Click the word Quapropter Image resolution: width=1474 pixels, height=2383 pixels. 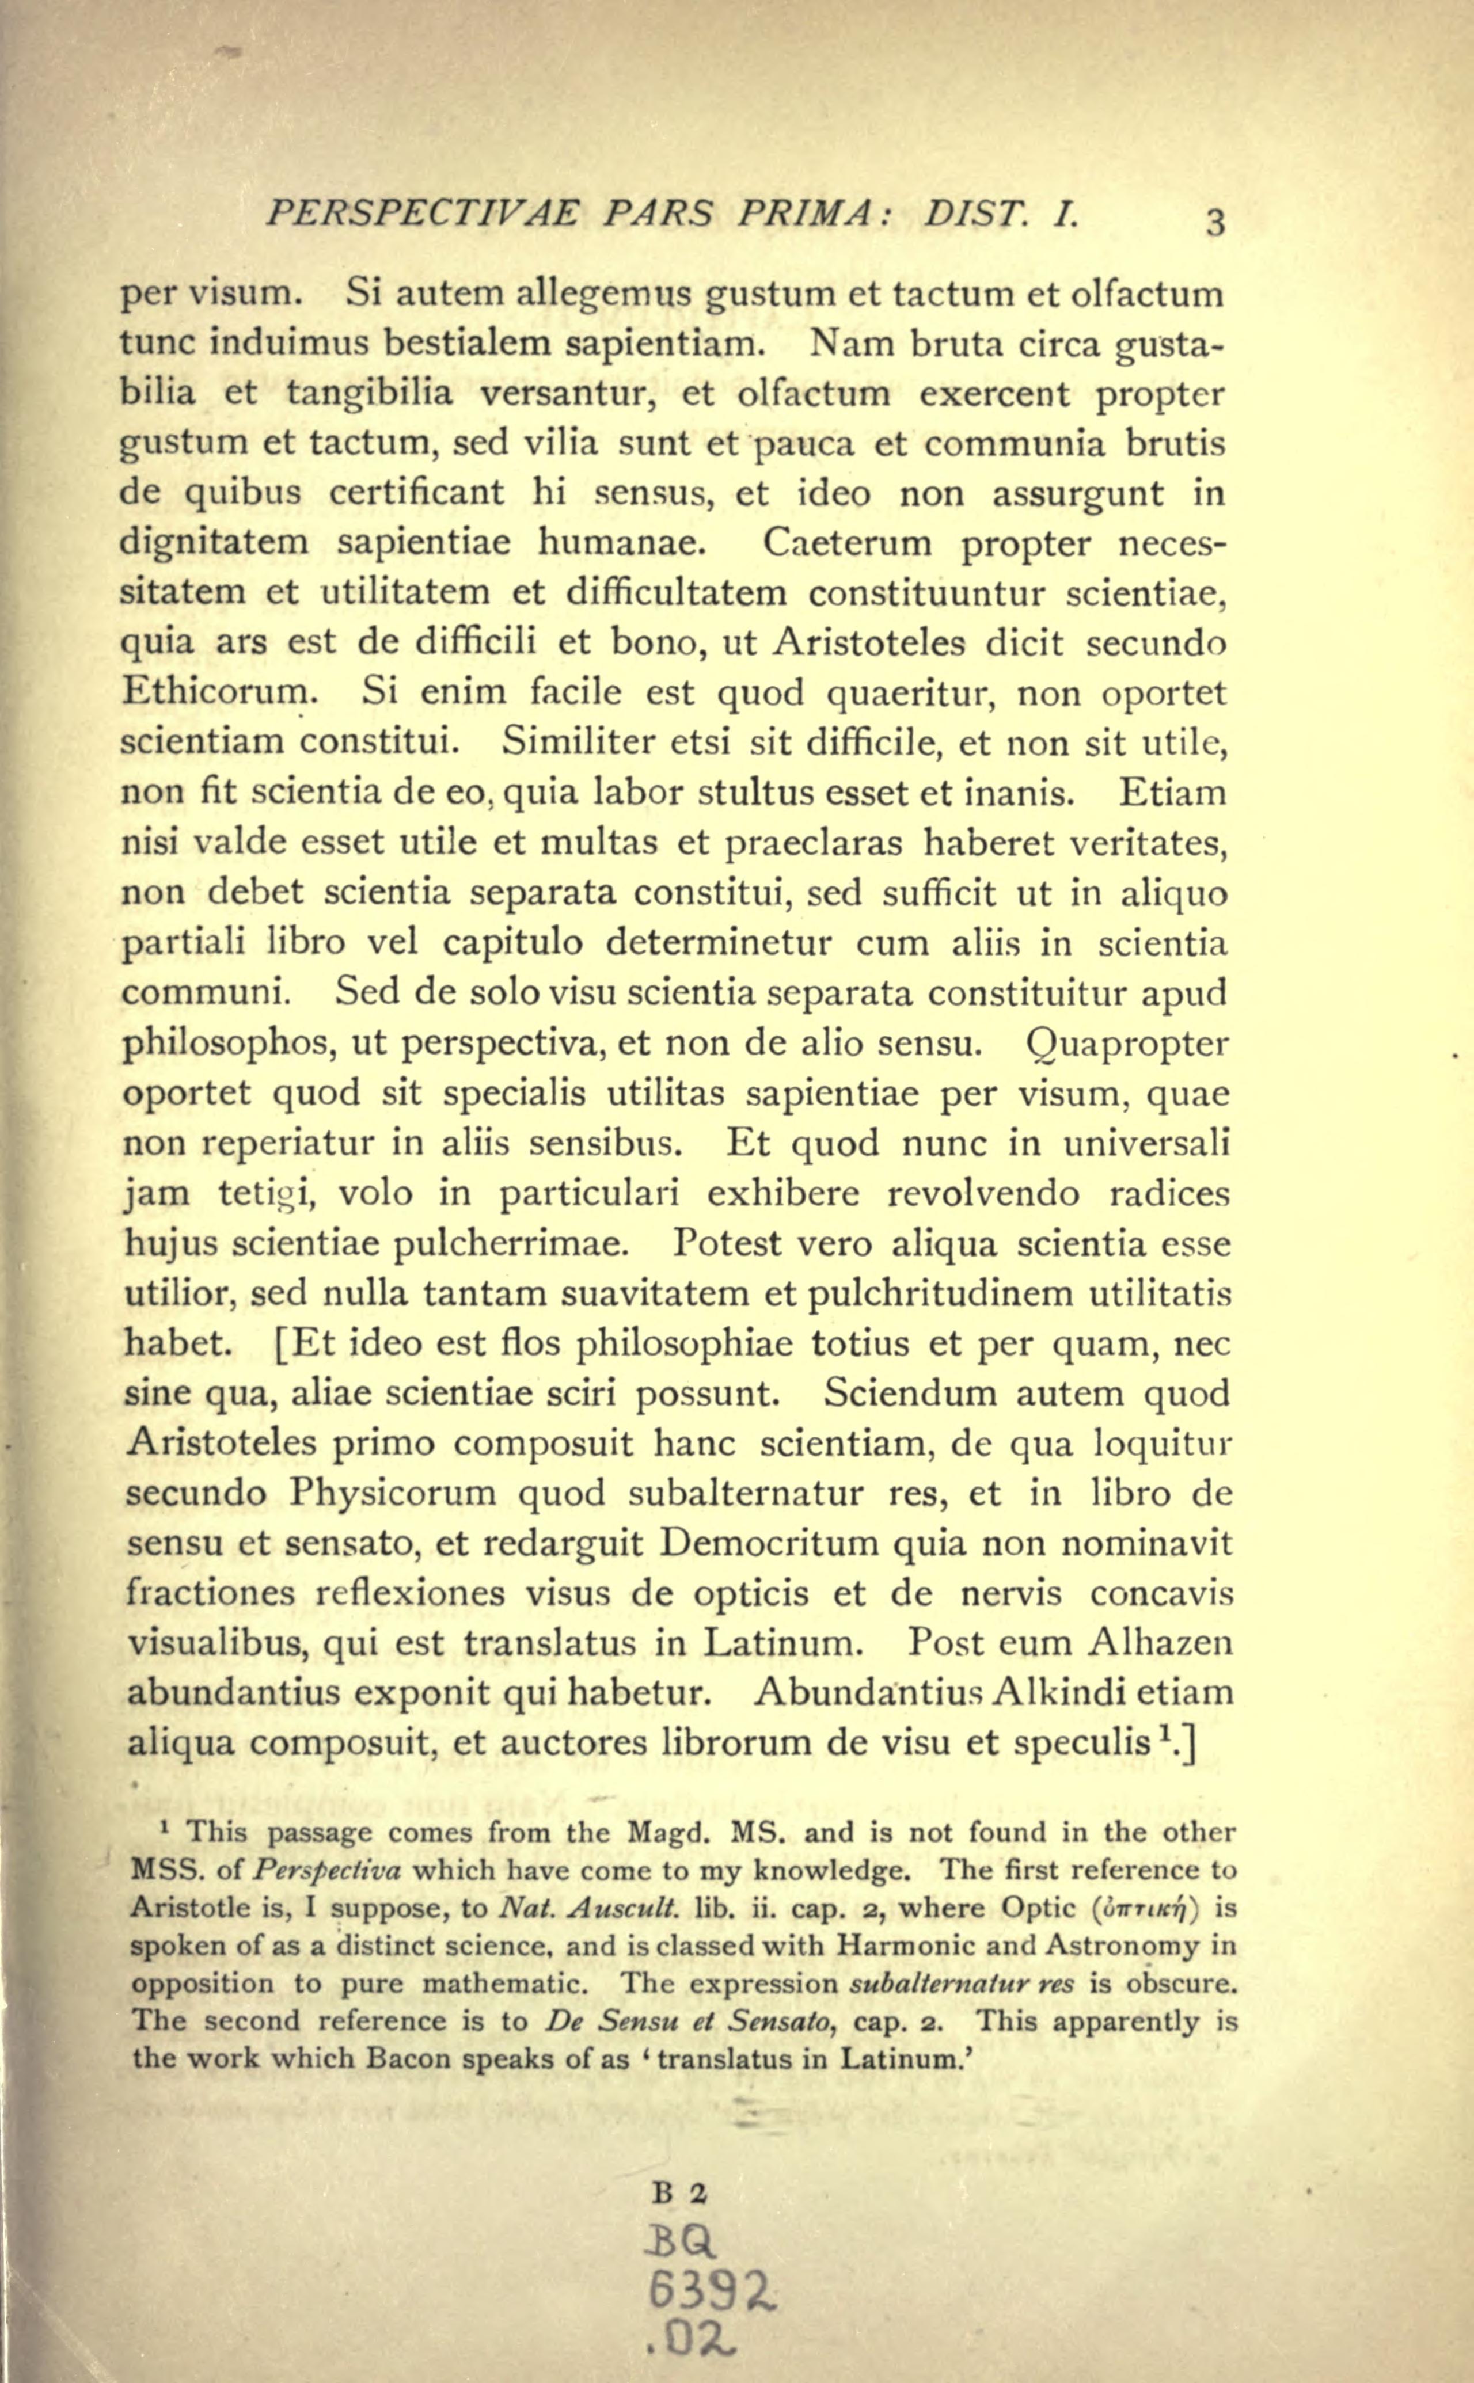tap(1129, 1044)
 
